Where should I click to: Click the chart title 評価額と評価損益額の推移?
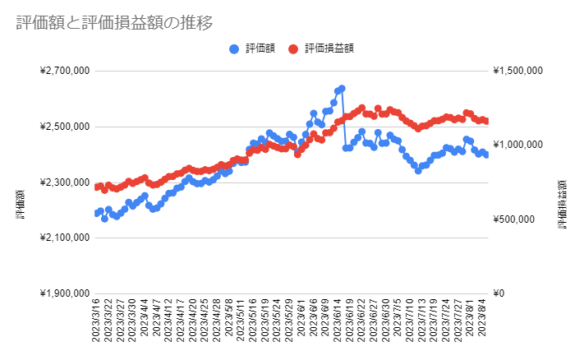pyautogui.click(x=114, y=23)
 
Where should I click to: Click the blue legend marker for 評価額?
pyautogui.click(x=235, y=48)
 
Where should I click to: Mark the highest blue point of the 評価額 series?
pyautogui.click(x=342, y=88)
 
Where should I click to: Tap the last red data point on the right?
pyautogui.click(x=486, y=121)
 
